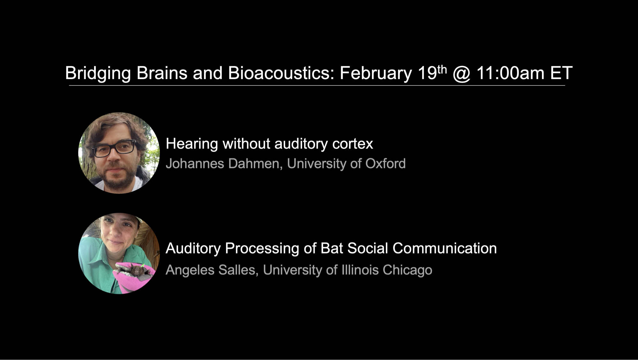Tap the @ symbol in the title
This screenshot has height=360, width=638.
click(461, 74)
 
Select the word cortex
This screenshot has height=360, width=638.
click(352, 144)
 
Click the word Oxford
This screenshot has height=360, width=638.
click(385, 164)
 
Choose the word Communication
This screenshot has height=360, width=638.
click(445, 248)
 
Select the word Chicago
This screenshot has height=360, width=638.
click(407, 270)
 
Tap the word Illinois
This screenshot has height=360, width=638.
click(360, 270)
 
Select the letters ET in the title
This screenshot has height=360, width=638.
click(561, 73)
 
